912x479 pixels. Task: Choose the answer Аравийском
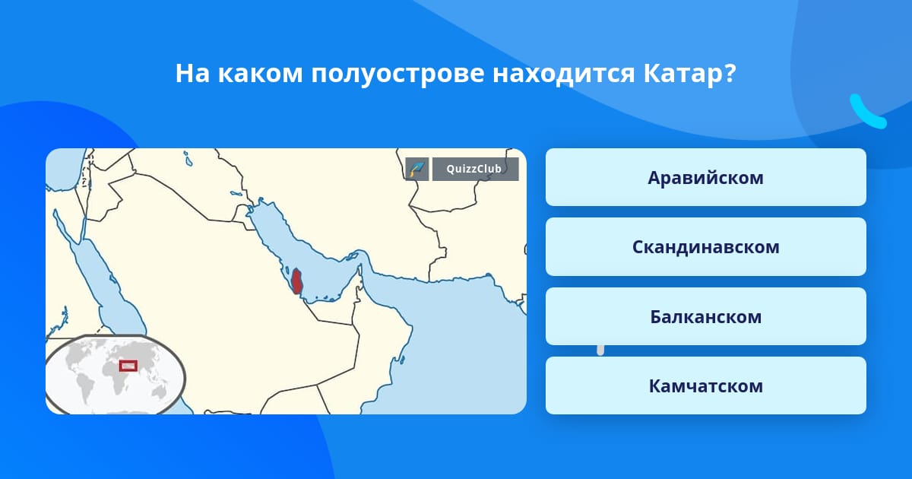click(705, 177)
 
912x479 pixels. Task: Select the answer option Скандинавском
click(705, 247)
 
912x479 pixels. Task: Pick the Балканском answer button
click(705, 316)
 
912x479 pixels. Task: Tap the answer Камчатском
click(705, 385)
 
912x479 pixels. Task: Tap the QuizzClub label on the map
click(475, 169)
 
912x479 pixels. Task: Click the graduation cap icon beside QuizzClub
click(417, 169)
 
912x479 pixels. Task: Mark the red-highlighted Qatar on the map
click(296, 281)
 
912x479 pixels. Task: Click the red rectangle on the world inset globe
click(128, 366)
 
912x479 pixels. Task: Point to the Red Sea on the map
click(98, 277)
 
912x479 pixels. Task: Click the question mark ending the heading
click(730, 73)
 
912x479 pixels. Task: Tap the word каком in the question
click(261, 75)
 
